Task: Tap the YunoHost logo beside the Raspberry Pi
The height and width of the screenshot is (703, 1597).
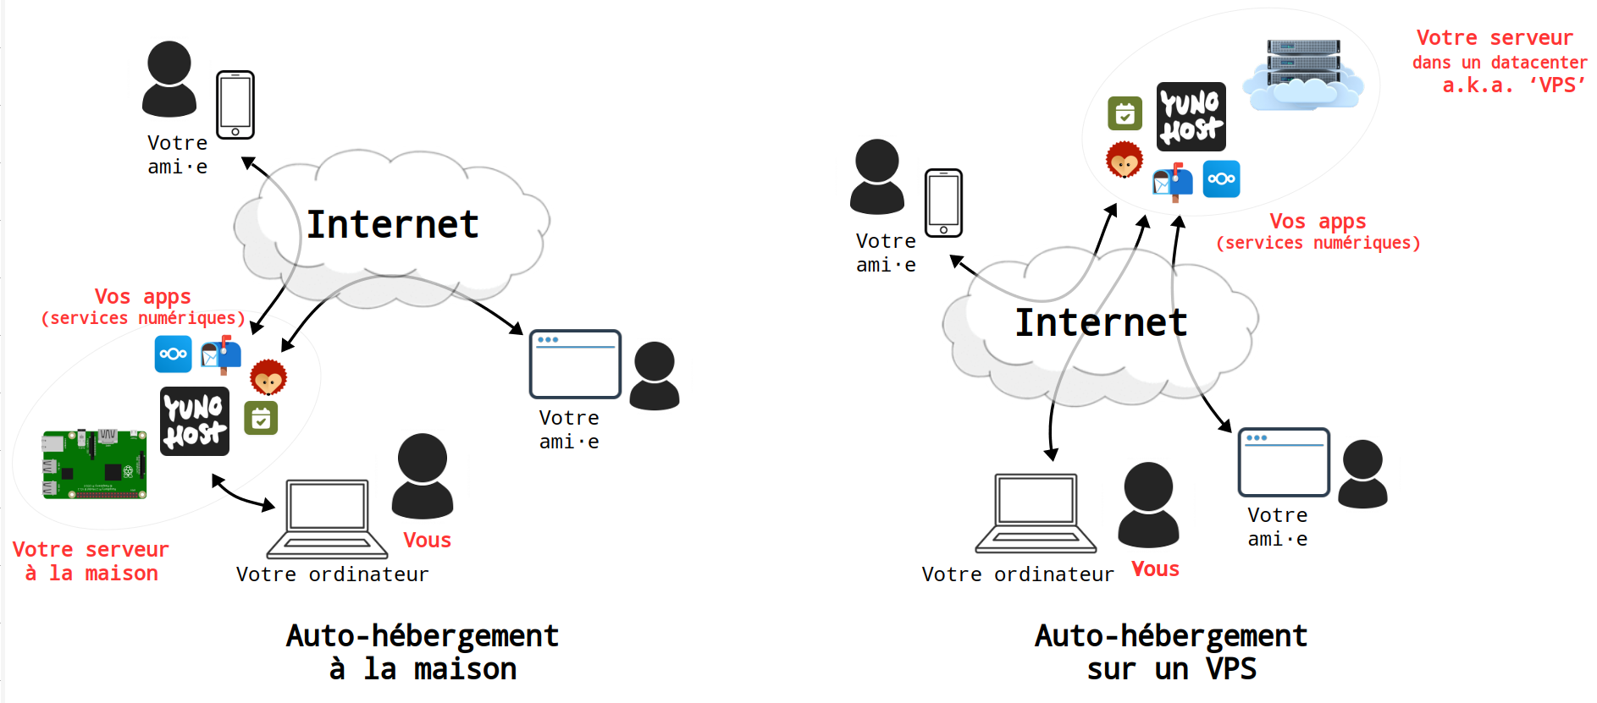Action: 195,421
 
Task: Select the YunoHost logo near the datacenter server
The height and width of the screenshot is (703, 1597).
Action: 1191,117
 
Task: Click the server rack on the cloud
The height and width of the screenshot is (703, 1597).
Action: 1303,64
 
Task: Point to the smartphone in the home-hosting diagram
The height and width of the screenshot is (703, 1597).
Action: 235,105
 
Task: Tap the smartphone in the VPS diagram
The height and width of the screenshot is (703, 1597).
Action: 943,203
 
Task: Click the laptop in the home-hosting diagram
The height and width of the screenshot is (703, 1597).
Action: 327,519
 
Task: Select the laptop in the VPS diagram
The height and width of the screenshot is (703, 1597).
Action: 1036,513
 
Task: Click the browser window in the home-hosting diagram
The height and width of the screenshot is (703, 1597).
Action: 575,364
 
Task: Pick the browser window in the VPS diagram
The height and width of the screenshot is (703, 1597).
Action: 1284,462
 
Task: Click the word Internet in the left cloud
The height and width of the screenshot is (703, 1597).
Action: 392,225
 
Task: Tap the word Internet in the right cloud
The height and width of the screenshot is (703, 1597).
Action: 1101,323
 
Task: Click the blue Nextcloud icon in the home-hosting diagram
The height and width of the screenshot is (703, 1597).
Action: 173,354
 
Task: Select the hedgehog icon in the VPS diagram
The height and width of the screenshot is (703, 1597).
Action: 1125,160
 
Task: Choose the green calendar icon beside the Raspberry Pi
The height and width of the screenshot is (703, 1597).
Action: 261,418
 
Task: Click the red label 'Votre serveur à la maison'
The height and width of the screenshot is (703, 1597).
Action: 91,561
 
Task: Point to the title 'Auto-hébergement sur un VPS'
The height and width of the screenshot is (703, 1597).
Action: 1171,652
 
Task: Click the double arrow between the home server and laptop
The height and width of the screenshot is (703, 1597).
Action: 243,493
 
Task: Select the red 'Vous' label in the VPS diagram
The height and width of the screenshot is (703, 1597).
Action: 1155,569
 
